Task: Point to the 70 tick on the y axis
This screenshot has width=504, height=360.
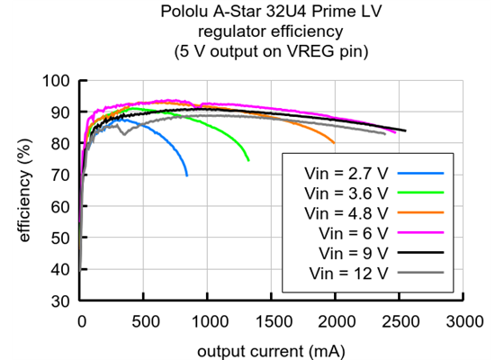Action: click(x=62, y=175)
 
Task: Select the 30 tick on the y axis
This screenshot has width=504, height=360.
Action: click(x=62, y=301)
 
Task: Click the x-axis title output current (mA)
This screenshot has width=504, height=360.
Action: click(x=272, y=348)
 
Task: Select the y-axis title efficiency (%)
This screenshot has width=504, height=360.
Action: click(x=26, y=191)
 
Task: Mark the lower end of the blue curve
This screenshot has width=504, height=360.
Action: click(x=187, y=175)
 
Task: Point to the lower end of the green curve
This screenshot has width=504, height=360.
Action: click(x=248, y=161)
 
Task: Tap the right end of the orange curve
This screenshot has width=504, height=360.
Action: click(x=335, y=143)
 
